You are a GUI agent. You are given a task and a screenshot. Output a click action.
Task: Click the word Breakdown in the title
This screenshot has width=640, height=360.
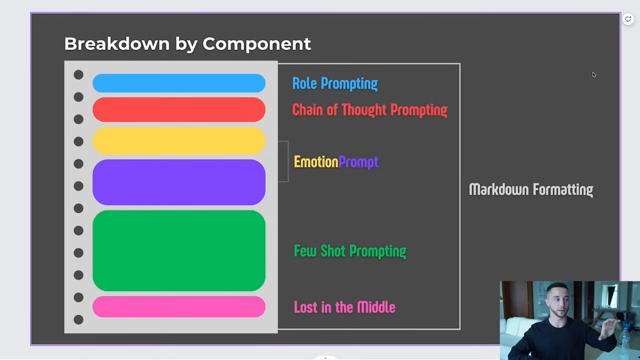(x=117, y=43)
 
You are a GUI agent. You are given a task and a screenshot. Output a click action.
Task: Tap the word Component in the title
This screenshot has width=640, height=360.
(x=256, y=44)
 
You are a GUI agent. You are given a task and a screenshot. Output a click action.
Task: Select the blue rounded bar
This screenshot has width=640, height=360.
(x=179, y=83)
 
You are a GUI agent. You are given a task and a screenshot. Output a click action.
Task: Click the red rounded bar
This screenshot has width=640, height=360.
(x=179, y=109)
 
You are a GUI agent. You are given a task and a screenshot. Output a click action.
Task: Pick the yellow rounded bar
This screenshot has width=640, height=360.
(x=179, y=141)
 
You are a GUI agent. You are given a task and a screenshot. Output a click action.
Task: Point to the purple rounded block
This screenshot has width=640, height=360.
(x=179, y=182)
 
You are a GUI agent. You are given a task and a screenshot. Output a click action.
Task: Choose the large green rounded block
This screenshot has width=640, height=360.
(x=179, y=250)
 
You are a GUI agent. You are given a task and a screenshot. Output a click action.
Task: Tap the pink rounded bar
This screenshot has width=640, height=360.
(x=179, y=307)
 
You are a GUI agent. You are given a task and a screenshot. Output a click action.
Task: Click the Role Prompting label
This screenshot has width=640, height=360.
(x=335, y=83)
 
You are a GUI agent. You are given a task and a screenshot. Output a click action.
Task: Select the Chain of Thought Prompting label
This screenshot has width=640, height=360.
(x=369, y=110)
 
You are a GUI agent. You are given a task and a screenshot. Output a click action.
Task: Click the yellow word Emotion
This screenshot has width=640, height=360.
(x=316, y=162)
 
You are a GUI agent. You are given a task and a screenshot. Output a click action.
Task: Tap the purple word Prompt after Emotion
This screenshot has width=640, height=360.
(x=358, y=162)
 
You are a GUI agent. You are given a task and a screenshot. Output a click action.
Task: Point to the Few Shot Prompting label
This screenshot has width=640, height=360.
(x=350, y=251)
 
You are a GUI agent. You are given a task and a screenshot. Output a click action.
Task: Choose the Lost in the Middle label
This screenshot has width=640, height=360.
(x=344, y=307)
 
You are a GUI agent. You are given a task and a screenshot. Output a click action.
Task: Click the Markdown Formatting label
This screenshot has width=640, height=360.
(x=531, y=189)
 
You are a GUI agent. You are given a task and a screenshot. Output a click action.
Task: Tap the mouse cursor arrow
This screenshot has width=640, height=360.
(x=594, y=74)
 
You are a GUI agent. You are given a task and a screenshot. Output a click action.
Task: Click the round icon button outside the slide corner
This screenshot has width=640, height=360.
(x=628, y=19)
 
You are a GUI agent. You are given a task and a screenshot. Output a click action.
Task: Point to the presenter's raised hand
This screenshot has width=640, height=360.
(x=608, y=328)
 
